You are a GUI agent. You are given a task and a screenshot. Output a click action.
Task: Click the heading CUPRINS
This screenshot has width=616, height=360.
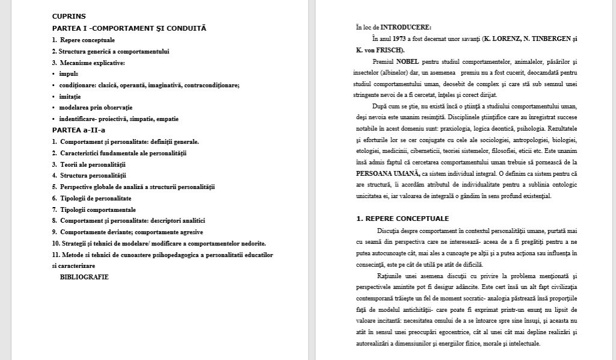pos(69,17)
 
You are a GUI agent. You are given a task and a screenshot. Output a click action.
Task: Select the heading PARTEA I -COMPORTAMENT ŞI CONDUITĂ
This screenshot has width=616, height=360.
pos(129,28)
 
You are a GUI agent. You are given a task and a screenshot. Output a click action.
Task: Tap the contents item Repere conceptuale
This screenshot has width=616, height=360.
pos(87,40)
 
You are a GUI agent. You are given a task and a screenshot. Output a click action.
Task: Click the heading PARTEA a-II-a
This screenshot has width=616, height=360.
pos(79,130)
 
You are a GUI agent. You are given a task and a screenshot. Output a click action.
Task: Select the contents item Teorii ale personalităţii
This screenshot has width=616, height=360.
pos(93,164)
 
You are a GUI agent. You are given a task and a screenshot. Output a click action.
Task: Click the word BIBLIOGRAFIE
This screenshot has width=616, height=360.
pos(84,277)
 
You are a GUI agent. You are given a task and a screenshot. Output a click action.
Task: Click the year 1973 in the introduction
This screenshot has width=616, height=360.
pos(402,39)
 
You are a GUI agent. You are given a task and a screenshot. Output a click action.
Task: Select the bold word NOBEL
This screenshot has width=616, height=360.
pos(407,61)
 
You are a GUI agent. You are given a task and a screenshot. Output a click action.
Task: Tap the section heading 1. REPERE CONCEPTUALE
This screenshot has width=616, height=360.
pos(402,219)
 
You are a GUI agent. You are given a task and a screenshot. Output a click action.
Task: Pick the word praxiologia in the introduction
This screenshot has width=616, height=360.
pos(461,128)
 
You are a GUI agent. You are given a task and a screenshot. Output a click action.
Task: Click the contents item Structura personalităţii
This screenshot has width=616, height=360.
pos(93,176)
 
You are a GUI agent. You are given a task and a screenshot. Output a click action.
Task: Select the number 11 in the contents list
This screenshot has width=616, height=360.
pos(55,255)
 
